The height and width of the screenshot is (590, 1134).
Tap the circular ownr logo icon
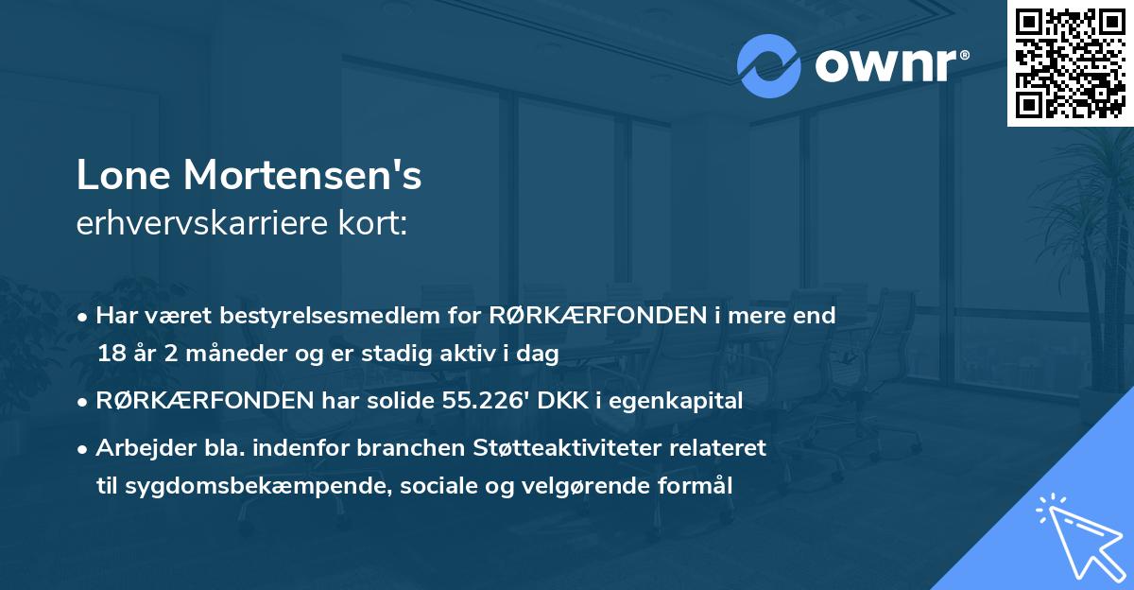(768, 65)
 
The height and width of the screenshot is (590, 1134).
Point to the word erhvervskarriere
(198, 224)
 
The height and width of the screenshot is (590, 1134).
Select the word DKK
(558, 401)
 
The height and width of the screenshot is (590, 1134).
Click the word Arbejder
(138, 447)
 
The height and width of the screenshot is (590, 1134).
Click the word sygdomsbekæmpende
(246, 486)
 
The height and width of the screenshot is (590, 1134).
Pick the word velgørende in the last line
(609, 486)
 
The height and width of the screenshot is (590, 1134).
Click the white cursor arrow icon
(1076, 538)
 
